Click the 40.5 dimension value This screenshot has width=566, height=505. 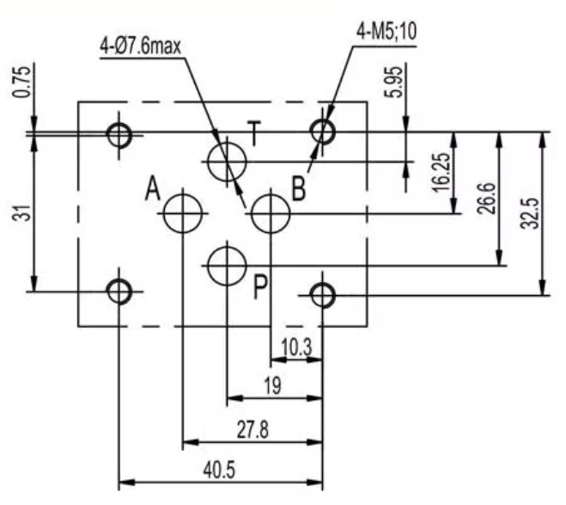click(219, 471)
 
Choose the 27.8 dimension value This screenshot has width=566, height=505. click(253, 430)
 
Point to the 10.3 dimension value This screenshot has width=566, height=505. click(296, 348)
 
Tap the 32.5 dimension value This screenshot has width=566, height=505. click(531, 213)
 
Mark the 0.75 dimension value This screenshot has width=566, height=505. click(21, 82)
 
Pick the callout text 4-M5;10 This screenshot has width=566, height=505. click(386, 32)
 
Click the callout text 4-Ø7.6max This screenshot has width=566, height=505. click(140, 46)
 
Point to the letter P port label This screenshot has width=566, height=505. click(260, 287)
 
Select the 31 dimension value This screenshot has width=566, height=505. click(21, 212)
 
